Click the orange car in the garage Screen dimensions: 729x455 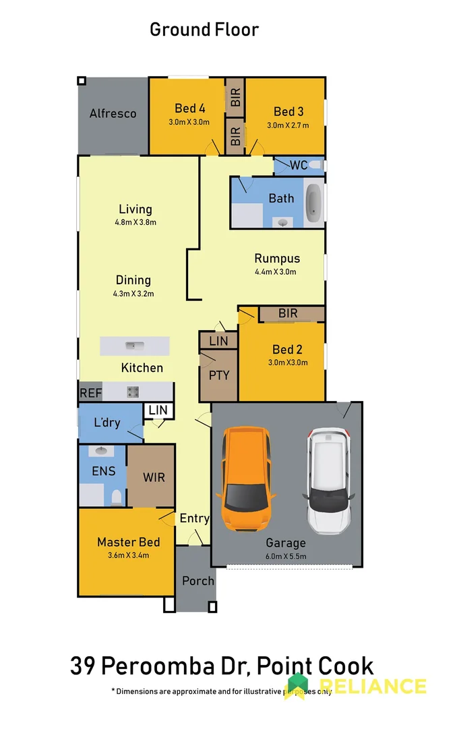(x=245, y=480)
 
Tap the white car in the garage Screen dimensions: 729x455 (x=330, y=480)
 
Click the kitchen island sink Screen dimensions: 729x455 (x=134, y=346)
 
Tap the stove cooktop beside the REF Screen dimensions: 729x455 (x=133, y=391)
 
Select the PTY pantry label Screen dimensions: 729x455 (x=219, y=375)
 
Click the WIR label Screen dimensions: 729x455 (x=154, y=477)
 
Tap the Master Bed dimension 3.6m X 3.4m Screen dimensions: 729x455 (x=128, y=556)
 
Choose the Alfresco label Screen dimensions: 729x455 (x=113, y=113)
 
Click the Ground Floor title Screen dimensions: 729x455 (x=204, y=30)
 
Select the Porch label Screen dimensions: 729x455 (x=198, y=580)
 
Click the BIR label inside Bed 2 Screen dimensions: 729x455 (x=288, y=314)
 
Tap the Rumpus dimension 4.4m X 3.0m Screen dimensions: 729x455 (x=276, y=272)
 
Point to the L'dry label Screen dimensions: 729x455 (x=107, y=423)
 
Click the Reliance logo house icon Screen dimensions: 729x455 (x=297, y=685)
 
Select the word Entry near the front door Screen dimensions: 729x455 (x=194, y=519)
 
